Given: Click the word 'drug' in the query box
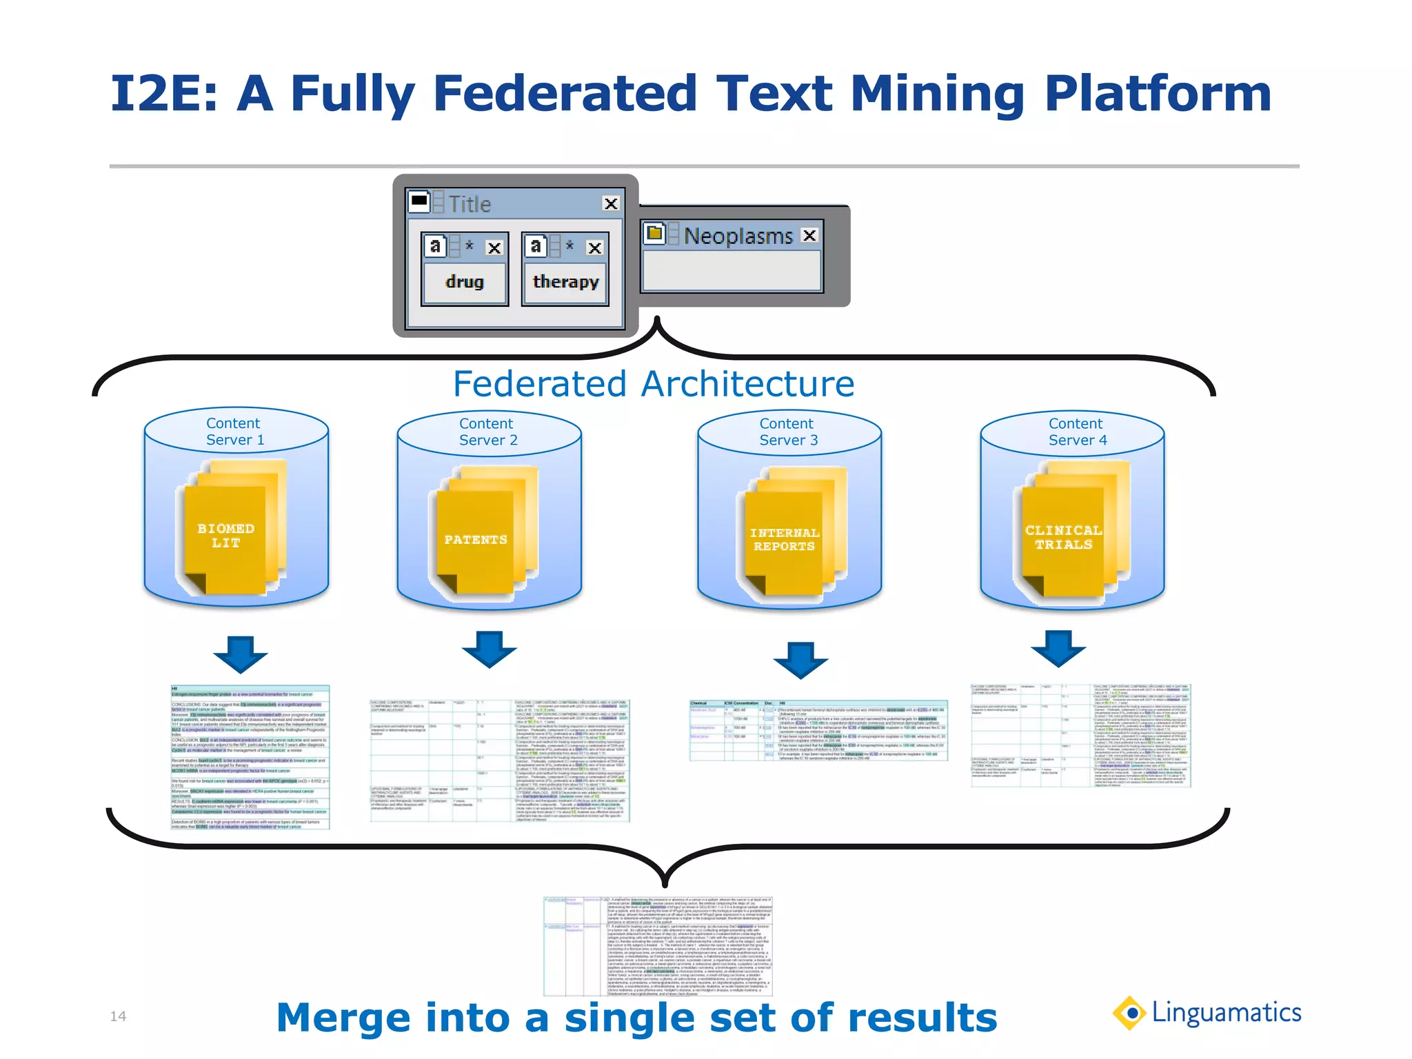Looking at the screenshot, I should point(465,282).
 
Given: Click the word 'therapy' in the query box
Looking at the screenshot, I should point(565,282).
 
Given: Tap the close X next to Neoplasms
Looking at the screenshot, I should point(809,235).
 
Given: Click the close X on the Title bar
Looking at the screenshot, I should point(610,203).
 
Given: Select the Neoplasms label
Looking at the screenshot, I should point(738,236).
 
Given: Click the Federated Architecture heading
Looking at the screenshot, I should point(654,384).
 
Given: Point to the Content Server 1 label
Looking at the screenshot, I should point(234,432).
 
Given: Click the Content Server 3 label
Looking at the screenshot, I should point(788,432).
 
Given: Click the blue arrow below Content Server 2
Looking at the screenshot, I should point(489,649).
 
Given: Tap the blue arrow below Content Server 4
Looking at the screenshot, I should point(1058,647).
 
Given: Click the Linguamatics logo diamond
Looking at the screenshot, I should point(1130,1013).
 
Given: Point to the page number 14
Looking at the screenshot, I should point(118,1016).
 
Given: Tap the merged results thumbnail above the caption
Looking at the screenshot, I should point(658,946).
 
